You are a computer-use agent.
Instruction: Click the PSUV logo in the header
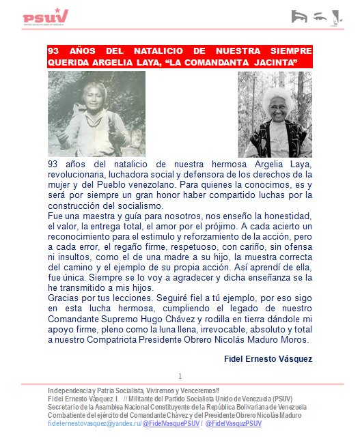click(x=45, y=16)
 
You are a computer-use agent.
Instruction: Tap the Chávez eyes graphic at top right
click(x=315, y=16)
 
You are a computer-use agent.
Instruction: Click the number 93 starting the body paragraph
click(x=53, y=165)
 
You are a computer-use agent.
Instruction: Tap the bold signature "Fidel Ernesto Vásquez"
click(x=268, y=358)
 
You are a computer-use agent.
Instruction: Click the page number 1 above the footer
click(x=180, y=376)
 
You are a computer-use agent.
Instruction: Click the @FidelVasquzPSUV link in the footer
click(x=234, y=424)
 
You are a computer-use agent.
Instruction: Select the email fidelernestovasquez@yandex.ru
click(x=93, y=424)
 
